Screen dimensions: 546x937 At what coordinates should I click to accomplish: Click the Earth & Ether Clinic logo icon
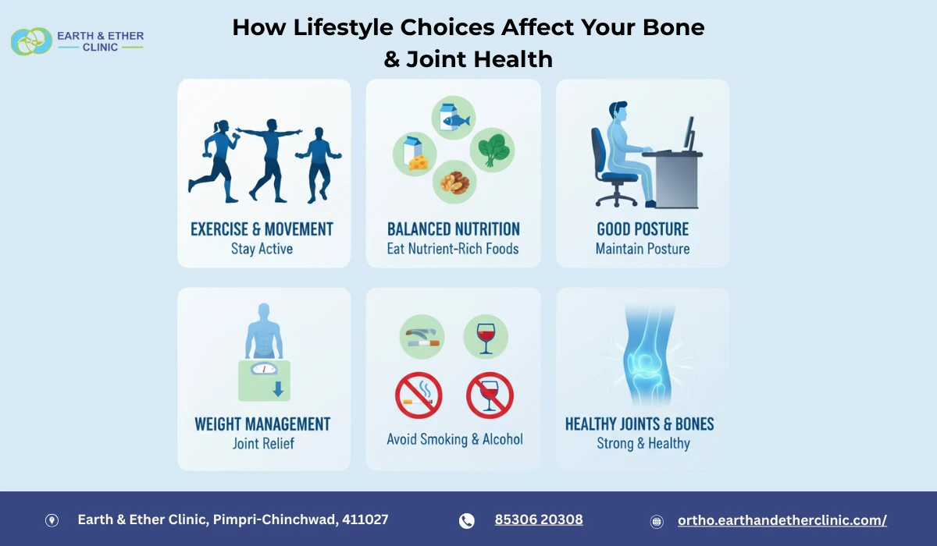pos(31,41)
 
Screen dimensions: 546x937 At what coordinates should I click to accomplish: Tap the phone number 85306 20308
pos(539,520)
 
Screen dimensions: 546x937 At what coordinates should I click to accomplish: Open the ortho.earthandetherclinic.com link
pos(782,520)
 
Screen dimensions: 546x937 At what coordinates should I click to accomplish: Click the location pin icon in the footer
pos(52,521)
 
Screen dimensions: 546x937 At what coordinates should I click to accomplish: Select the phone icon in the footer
pos(467,521)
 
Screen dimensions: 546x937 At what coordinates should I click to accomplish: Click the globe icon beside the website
pos(657,521)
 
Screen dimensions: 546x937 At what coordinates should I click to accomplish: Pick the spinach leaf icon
pos(492,148)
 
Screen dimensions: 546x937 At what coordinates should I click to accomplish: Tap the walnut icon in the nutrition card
pos(454,183)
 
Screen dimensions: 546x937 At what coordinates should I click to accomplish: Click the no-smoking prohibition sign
pos(419,395)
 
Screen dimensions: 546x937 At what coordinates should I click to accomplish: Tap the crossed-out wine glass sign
pos(490,395)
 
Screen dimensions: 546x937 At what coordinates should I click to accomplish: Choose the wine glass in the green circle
pos(486,337)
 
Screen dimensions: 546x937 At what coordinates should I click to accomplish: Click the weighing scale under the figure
pos(264,380)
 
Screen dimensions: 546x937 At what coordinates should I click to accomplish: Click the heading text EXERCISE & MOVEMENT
pos(262,229)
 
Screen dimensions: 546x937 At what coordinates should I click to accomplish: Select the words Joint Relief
pos(263,444)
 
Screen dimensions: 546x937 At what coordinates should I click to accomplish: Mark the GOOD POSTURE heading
pos(643,229)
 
